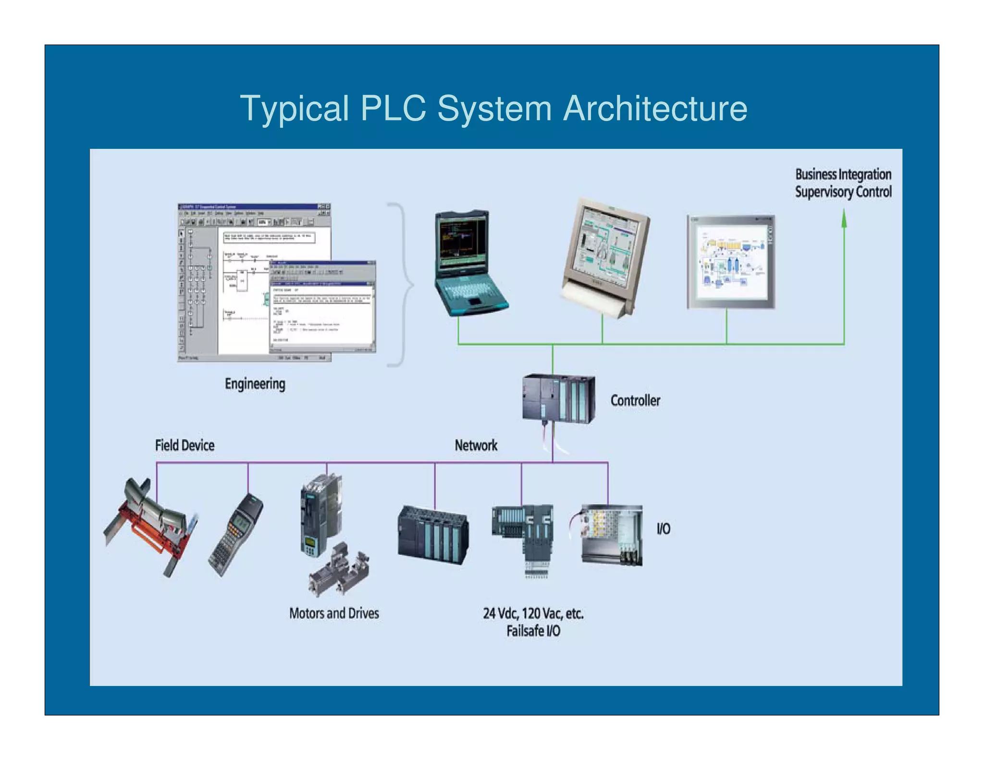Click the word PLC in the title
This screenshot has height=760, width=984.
coord(393,108)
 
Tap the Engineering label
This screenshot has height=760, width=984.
coord(255,384)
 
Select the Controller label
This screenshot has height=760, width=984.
coord(635,400)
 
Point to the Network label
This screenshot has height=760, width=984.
coord(476,445)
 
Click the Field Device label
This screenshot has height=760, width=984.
coord(184,445)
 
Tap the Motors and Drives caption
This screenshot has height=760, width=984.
coord(334,613)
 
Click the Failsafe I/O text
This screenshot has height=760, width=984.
coord(533,631)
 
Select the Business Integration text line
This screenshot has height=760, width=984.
coord(843,174)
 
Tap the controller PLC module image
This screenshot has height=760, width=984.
coord(558,399)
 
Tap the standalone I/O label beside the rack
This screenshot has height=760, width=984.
coord(663,529)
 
